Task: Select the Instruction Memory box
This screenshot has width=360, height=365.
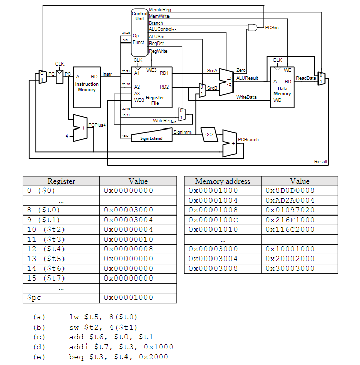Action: (87, 87)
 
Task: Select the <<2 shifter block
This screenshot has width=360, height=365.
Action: (209, 135)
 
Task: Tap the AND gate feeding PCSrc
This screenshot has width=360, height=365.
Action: (252, 27)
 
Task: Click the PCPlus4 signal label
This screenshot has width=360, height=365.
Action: (96, 125)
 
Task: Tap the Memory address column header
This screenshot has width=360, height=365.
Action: (222, 181)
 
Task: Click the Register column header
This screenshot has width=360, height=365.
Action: (61, 181)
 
